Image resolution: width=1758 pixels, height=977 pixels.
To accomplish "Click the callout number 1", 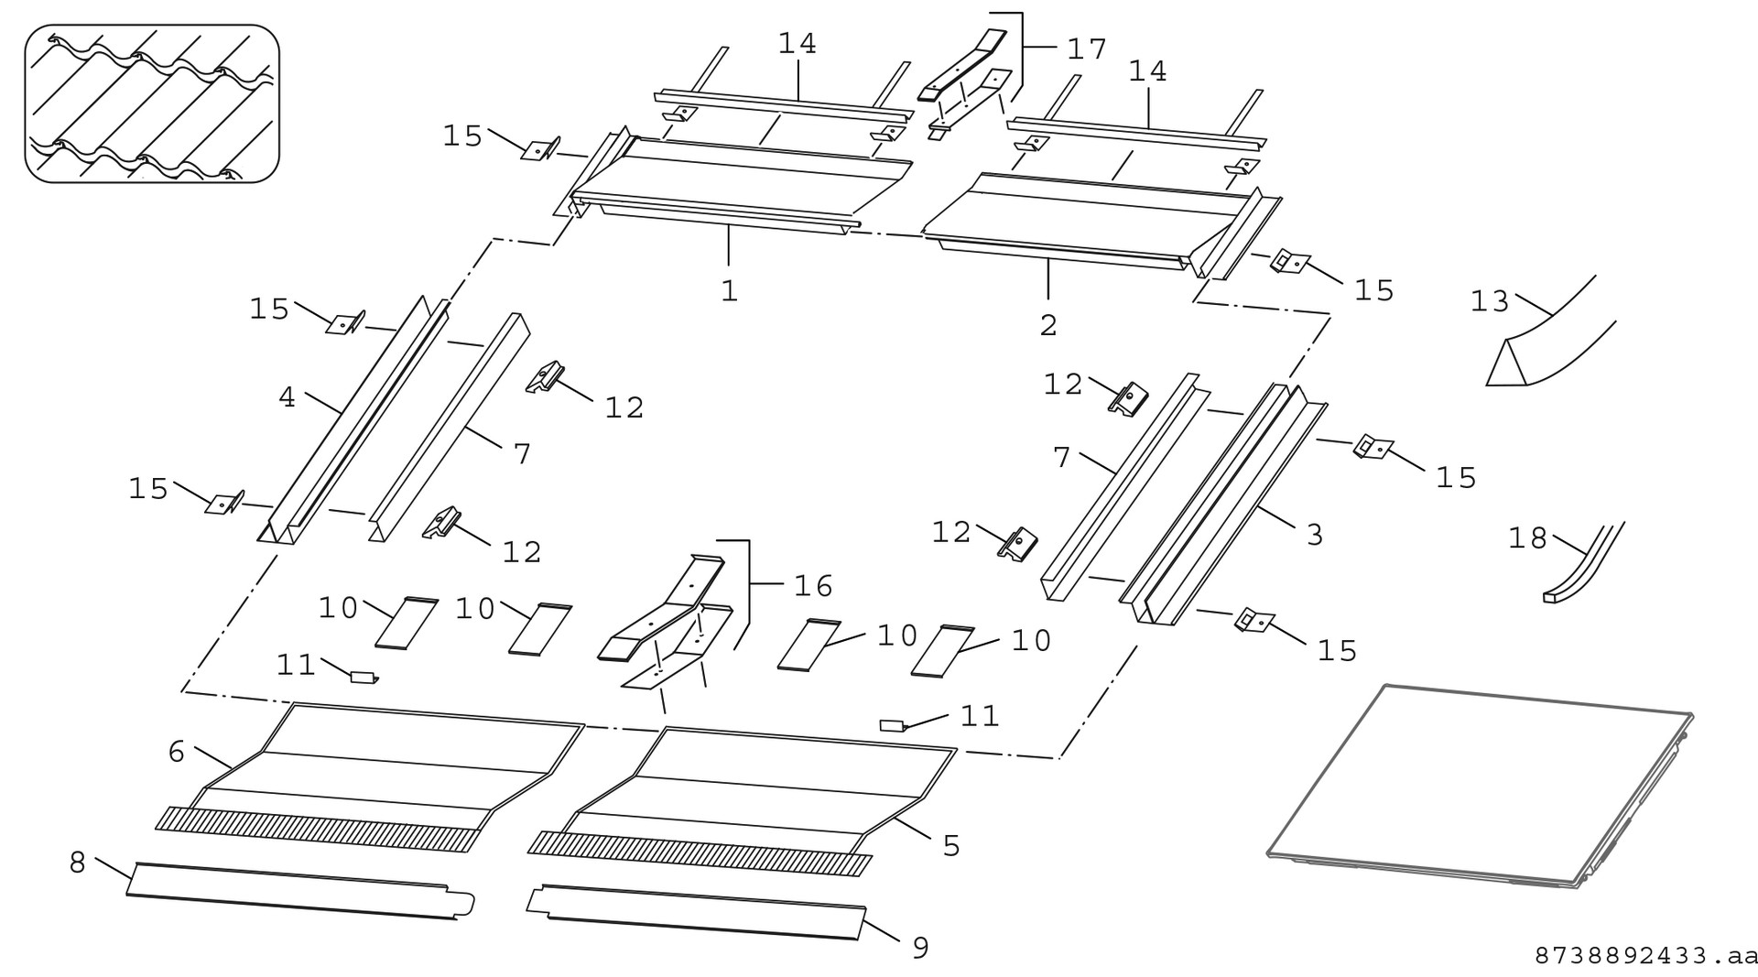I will pos(729,291).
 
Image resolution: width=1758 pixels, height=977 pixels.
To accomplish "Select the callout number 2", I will pos(1048,325).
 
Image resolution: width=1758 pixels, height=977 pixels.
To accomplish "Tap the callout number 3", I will pos(1314,535).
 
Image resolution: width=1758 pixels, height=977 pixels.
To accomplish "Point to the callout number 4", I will pos(287,397).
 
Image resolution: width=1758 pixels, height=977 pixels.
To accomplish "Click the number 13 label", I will pos(1489,301).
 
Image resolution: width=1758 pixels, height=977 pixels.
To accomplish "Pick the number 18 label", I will pos(1527,538).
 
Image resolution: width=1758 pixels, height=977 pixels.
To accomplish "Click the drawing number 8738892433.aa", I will pos(1645,956).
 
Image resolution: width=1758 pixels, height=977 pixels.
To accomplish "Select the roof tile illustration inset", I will pos(152,103).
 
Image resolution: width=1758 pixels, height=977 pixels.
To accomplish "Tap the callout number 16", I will pos(813,585).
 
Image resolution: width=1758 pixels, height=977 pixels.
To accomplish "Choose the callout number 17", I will pos(1087,49).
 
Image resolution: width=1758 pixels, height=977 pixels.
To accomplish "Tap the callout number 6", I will pos(177,752).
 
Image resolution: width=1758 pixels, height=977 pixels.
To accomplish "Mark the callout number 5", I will pos(951,846).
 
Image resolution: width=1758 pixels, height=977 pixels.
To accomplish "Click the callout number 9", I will pos(920,948).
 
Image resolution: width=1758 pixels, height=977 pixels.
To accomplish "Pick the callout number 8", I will pos(78,863).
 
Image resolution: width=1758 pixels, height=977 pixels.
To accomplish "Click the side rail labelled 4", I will pos(357,421).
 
